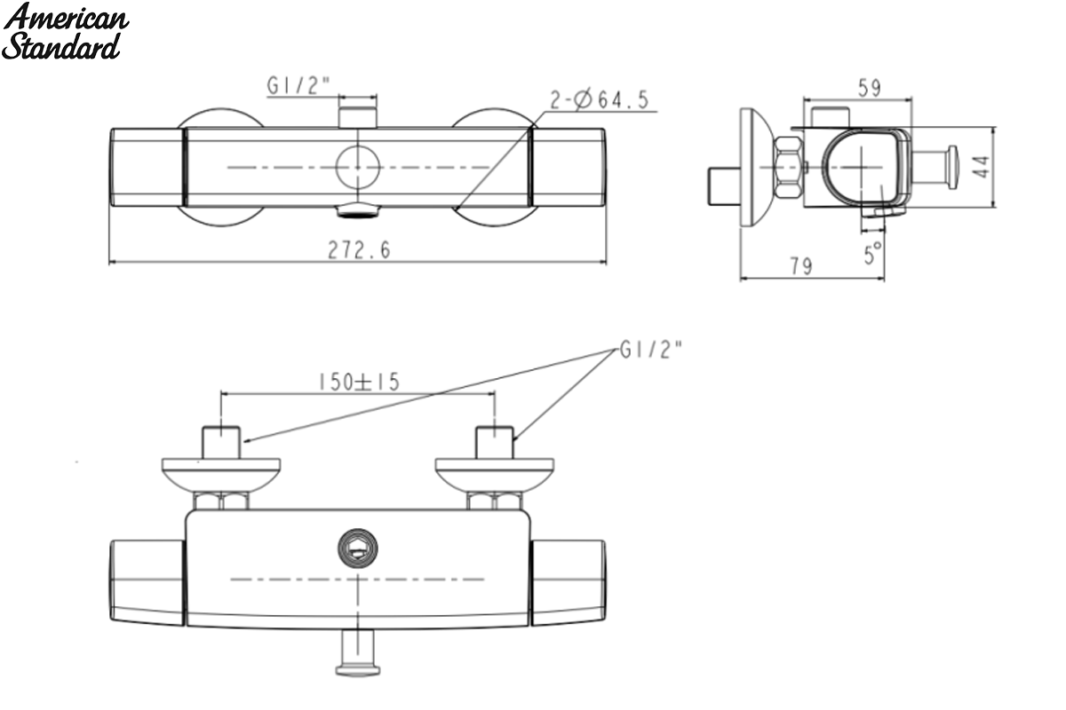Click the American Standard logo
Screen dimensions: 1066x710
coord(65,31)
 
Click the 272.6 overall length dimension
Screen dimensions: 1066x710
coord(359,250)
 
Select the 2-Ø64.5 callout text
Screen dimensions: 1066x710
coord(600,100)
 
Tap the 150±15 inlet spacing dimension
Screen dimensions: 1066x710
coord(359,382)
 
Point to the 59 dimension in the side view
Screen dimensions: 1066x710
coord(870,88)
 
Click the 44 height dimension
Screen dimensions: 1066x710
coord(982,167)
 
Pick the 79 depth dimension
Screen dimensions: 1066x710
coord(801,266)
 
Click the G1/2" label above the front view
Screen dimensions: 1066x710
coord(298,86)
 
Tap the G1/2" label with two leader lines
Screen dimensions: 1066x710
coord(651,350)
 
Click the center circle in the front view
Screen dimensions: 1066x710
coord(357,167)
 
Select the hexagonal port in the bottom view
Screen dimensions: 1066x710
coord(358,548)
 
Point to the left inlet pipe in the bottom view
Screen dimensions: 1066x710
coord(221,443)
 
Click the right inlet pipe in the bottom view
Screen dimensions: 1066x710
coord(495,443)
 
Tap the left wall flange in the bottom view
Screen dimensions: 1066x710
coord(221,476)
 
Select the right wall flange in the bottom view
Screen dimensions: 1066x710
coord(495,476)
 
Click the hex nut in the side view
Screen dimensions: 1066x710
coord(788,167)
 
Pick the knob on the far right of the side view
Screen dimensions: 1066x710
coord(951,167)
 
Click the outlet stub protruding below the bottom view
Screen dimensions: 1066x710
coord(358,652)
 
